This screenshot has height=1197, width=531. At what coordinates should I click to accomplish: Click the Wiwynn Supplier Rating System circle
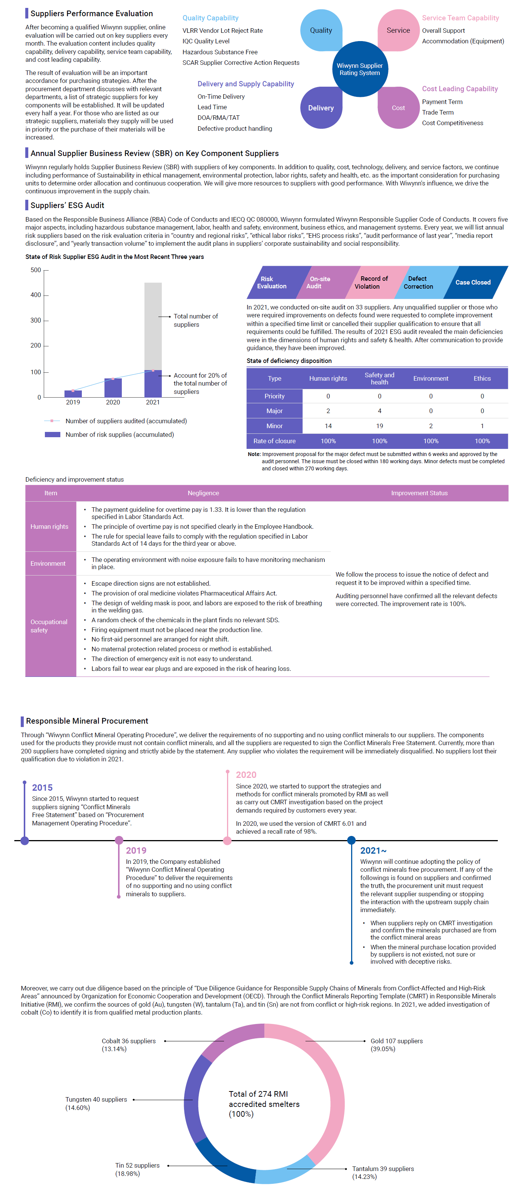pyautogui.click(x=359, y=69)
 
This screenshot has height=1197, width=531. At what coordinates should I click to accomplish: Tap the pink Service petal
pyautogui.click(x=398, y=30)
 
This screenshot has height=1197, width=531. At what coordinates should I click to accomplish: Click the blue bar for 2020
pyautogui.click(x=113, y=387)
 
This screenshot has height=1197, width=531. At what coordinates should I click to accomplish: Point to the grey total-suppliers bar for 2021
pyautogui.click(x=153, y=325)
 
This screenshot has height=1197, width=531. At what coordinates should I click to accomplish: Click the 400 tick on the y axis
pyautogui.click(x=36, y=295)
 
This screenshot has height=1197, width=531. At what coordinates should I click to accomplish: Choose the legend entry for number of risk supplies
pyautogui.click(x=120, y=435)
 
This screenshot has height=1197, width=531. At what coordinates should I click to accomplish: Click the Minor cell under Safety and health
pyautogui.click(x=379, y=426)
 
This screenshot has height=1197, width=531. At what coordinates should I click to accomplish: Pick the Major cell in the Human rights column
pyautogui.click(x=328, y=411)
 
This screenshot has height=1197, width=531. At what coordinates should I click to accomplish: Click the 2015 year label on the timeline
pyautogui.click(x=42, y=788)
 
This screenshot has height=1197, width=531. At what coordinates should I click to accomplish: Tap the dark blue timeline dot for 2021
pyautogui.click(x=351, y=840)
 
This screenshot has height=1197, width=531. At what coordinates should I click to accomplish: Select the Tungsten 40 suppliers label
pyautogui.click(x=96, y=1099)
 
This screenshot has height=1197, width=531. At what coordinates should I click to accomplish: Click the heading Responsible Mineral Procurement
pyautogui.click(x=87, y=721)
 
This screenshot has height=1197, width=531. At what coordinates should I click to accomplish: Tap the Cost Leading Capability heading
pyautogui.click(x=459, y=89)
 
